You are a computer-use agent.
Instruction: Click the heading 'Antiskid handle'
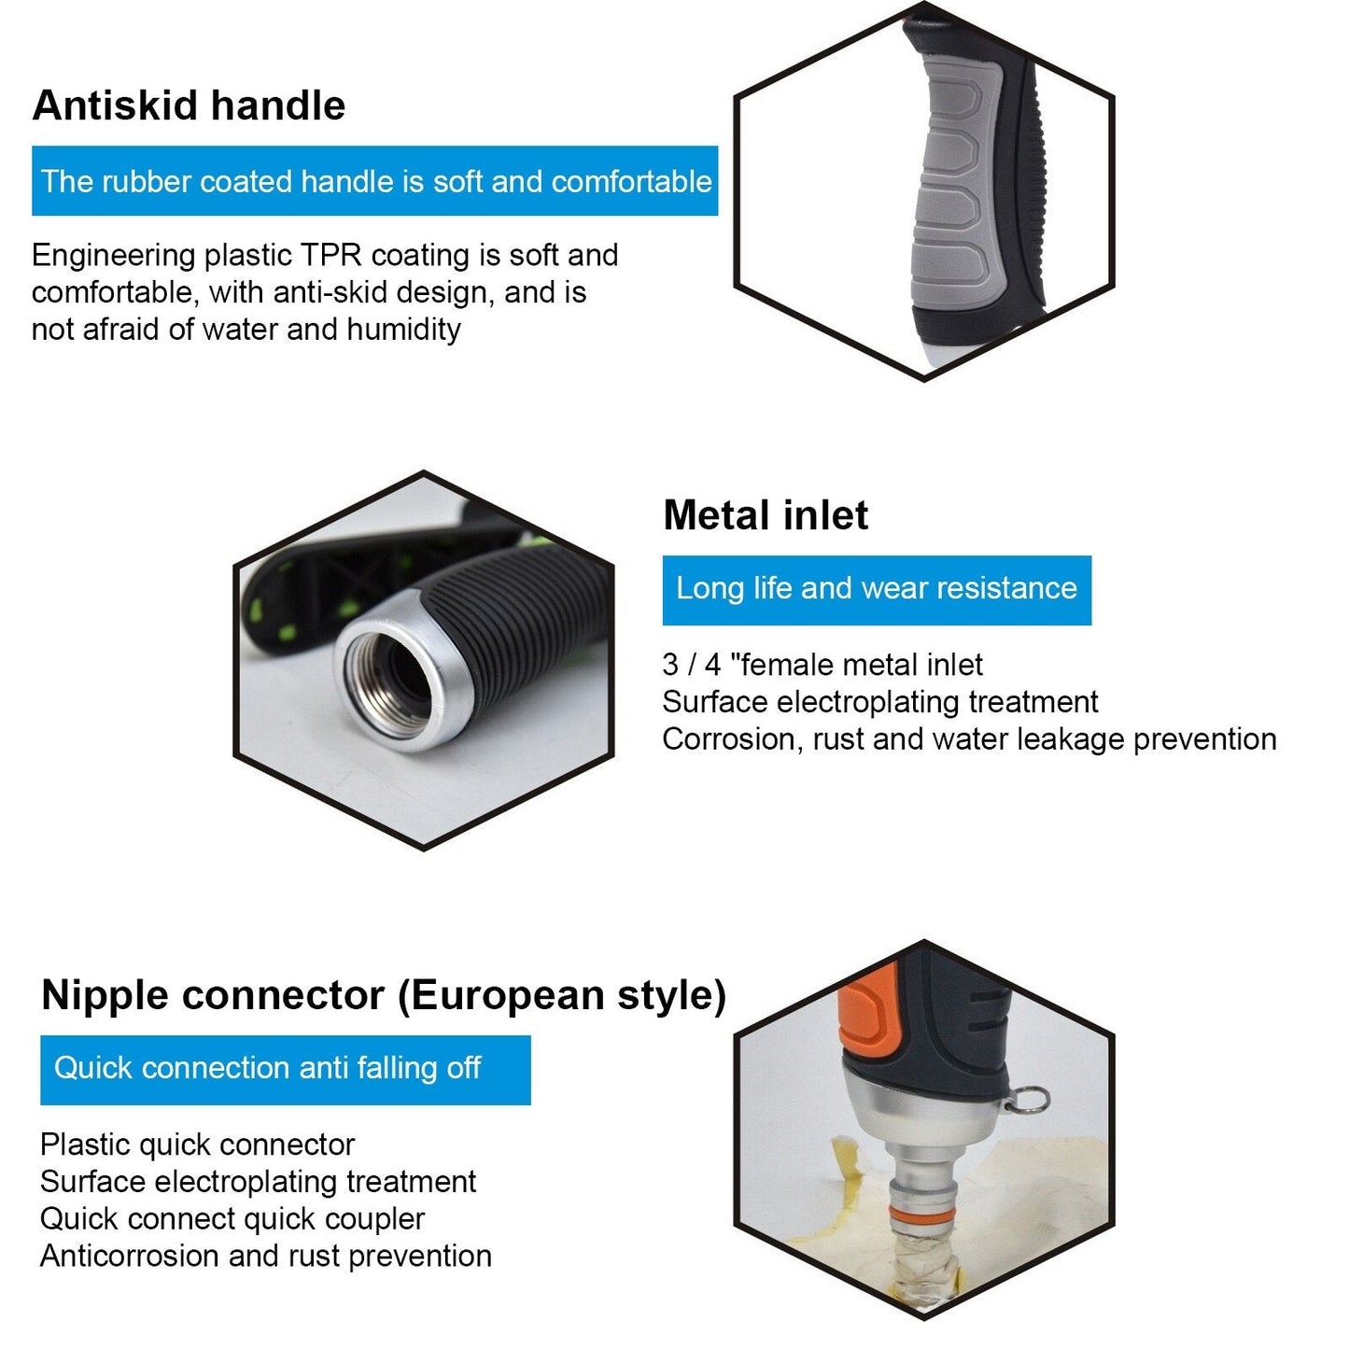[x=189, y=105]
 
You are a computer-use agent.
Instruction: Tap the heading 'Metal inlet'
[x=766, y=515]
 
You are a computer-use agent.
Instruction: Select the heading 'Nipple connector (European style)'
[x=384, y=995]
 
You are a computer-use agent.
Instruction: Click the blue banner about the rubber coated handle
[x=374, y=180]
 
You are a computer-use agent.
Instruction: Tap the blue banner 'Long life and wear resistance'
[x=877, y=590]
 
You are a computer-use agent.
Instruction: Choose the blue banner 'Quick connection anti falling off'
[x=285, y=1070]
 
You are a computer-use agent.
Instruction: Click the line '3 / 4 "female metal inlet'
[x=822, y=665]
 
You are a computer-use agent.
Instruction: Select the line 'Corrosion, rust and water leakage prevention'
[x=970, y=739]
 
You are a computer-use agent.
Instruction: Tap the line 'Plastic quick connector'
[x=197, y=1145]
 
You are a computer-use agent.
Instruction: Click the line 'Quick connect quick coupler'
[x=232, y=1219]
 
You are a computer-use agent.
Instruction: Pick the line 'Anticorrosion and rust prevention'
[x=266, y=1256]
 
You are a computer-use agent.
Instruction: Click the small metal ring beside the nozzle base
[x=1028, y=1099]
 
